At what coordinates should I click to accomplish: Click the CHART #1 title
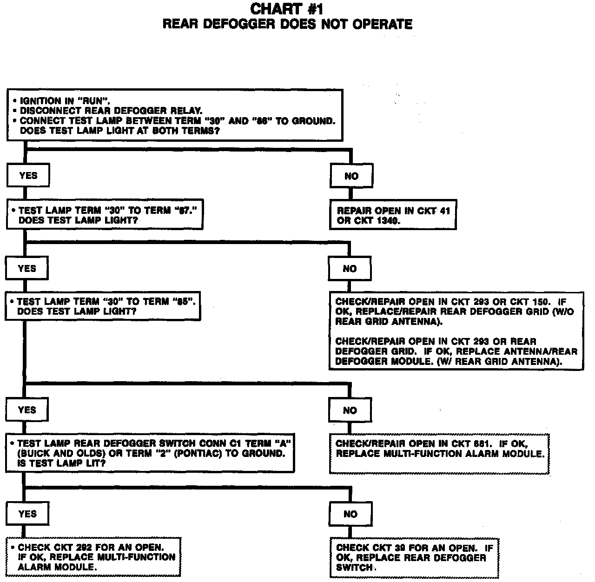point(287,9)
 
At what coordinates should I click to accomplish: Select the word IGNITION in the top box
point(40,101)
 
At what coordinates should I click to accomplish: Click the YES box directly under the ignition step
point(28,176)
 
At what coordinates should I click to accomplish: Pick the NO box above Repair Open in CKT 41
point(351,176)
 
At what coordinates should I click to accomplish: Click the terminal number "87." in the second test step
point(185,211)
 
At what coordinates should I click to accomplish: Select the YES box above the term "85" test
point(27,269)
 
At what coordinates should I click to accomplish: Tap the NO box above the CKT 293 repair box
point(350,269)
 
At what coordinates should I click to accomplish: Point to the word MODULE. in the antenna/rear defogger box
point(411,362)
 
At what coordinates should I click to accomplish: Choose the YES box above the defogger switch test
point(27,410)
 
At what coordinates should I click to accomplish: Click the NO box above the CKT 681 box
point(350,410)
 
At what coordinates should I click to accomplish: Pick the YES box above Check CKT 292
point(27,514)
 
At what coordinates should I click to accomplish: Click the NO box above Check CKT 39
point(350,514)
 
